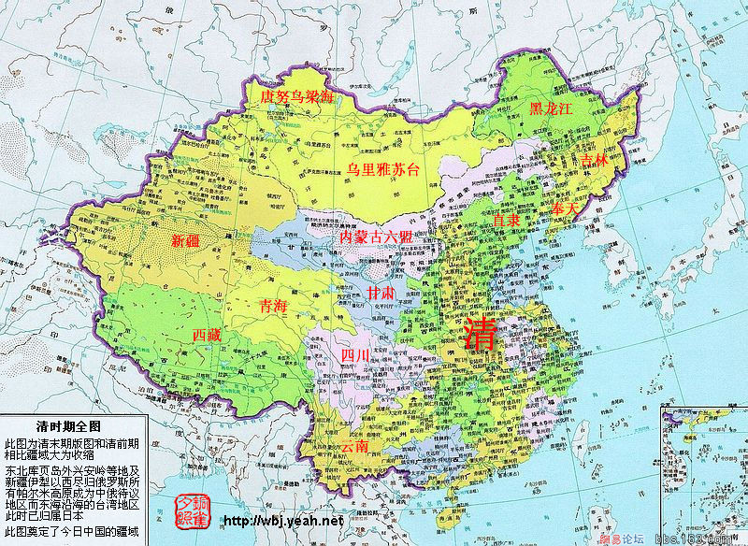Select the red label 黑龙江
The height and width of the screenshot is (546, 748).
[550, 108]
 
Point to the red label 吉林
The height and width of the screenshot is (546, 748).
[594, 161]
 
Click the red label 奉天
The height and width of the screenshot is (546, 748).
[567, 207]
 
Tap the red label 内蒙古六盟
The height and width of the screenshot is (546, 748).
[375, 236]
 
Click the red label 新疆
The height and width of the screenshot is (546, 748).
[186, 240]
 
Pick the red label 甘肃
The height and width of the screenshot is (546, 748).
[381, 294]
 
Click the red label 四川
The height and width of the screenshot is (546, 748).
[355, 355]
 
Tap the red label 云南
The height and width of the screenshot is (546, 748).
[354, 447]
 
